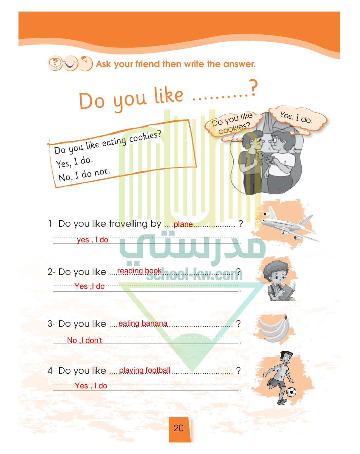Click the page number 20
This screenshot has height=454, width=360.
click(x=178, y=428)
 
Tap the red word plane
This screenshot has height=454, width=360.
click(x=183, y=224)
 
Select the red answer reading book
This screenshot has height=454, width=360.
click(x=139, y=271)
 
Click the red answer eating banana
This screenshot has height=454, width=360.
click(x=143, y=323)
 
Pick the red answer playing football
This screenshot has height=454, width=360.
click(x=145, y=370)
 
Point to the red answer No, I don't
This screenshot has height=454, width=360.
click(x=84, y=340)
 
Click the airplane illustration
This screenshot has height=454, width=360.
click(x=289, y=224)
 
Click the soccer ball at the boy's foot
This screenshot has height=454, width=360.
click(x=291, y=392)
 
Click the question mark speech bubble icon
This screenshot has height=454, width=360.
click(x=55, y=63)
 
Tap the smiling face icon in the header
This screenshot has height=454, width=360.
click(x=70, y=63)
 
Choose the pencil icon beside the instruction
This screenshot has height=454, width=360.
click(x=86, y=63)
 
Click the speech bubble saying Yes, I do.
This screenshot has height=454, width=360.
click(x=297, y=119)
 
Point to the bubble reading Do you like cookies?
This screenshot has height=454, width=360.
click(x=233, y=125)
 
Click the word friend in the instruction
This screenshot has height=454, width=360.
click(x=147, y=64)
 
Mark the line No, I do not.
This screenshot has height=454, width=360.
click(x=84, y=175)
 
